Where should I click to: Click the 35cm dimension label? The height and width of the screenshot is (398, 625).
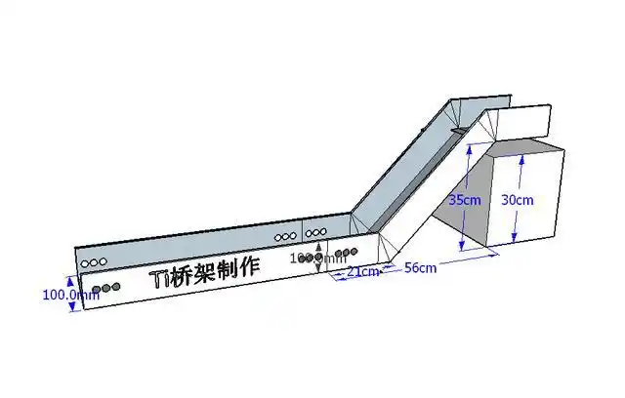pyautogui.click(x=465, y=200)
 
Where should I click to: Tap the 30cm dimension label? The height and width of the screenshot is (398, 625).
pyautogui.click(x=518, y=200)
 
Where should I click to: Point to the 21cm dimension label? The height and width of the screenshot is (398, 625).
pyautogui.click(x=363, y=271)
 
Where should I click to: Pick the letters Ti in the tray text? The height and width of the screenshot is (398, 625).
pyautogui.click(x=159, y=279)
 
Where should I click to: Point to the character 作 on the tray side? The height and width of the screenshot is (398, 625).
pyautogui.click(x=251, y=265)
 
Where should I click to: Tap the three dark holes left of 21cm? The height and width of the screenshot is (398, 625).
pyautogui.click(x=343, y=253)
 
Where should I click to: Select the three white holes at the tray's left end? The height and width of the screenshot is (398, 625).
pyautogui.click(x=95, y=261)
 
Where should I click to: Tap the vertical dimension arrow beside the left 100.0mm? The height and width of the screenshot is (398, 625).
pyautogui.click(x=71, y=294)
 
